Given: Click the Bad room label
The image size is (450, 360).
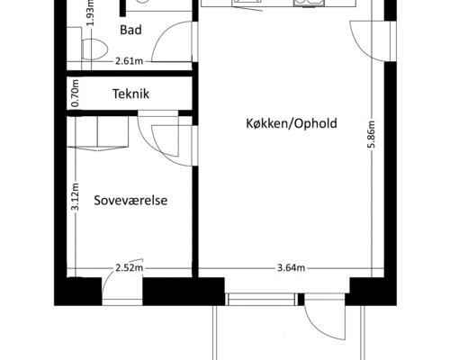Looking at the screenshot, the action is [x=130, y=30].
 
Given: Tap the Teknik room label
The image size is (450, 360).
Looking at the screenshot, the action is [x=130, y=94].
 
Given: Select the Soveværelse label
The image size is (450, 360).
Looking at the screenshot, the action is [x=130, y=201].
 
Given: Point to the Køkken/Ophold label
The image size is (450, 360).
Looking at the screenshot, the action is [x=292, y=123].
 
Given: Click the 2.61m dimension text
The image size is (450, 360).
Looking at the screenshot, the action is [x=129, y=61].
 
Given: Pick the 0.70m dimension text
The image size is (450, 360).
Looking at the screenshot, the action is [x=76, y=93].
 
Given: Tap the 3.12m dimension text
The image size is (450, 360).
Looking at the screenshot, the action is [x=76, y=196].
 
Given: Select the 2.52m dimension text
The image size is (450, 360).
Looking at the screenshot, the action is [x=129, y=268].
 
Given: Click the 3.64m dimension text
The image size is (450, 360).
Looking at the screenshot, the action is [x=291, y=268].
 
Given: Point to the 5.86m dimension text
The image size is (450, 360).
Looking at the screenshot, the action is [x=372, y=134].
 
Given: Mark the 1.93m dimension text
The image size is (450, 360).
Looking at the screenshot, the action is [x=92, y=13].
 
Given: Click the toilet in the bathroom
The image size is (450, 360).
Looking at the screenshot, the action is [x=94, y=49].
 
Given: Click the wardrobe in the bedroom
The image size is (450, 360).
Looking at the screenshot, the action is [x=98, y=133].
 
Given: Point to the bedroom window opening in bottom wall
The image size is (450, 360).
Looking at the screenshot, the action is [x=122, y=302].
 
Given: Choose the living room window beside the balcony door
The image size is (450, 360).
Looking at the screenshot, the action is [x=261, y=300].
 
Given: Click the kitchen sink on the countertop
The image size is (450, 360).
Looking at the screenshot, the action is [x=309, y=3].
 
